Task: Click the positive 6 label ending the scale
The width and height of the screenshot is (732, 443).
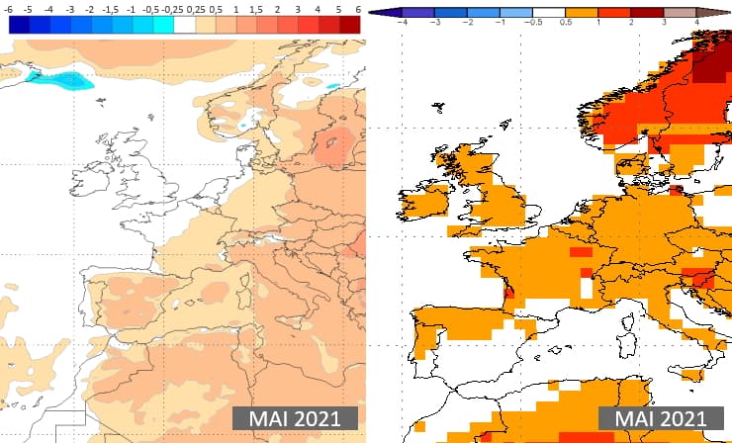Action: pos(353,9)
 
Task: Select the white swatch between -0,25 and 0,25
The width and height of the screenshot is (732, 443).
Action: pos(184,26)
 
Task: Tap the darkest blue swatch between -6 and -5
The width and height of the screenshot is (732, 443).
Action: pos(21,26)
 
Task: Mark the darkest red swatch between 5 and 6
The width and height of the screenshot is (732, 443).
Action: pos(348,26)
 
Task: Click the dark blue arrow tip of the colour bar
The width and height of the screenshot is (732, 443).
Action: pos(375,12)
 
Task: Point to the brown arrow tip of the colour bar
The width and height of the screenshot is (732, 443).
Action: pos(718,12)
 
